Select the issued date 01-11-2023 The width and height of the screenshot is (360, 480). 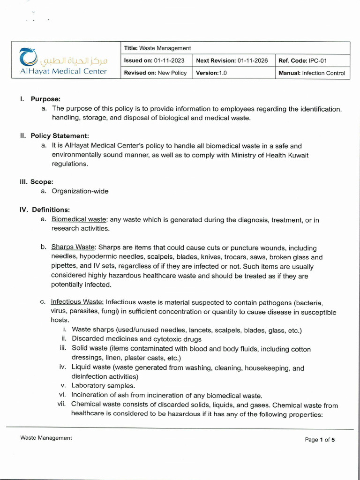coord(169,60)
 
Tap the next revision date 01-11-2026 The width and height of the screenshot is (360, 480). coord(253,60)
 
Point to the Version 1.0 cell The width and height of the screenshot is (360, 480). coord(211,73)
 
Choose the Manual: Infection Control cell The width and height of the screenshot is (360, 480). coord(312,73)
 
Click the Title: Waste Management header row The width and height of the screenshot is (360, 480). coord(157,48)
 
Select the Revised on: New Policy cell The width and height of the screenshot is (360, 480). coord(155,73)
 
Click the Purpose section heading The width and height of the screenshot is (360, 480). coord(45,99)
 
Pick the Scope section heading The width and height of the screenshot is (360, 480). coord(42,181)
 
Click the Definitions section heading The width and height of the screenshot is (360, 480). coord(51,210)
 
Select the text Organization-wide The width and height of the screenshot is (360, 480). coord(80,191)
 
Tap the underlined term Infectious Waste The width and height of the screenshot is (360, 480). coord(77,302)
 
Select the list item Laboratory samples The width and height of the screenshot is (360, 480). coord(103,386)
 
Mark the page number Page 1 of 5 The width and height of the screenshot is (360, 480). coord(320,440)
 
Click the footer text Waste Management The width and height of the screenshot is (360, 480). coord(46,438)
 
